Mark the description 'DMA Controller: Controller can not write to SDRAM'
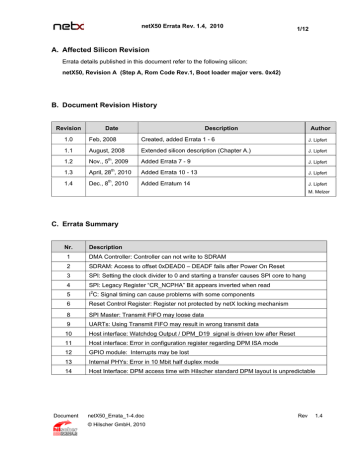coord(167,257)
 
